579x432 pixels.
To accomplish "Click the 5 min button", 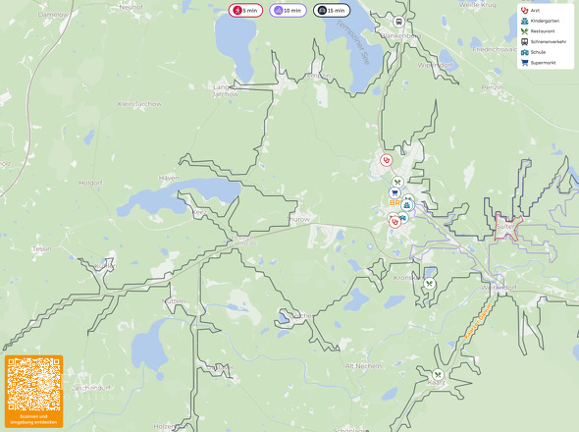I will [245, 10].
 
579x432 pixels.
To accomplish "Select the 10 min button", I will [288, 10].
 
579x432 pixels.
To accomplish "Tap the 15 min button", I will [331, 10].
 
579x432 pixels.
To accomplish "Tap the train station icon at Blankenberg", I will [399, 22].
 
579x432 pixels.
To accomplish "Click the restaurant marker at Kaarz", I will [438, 374].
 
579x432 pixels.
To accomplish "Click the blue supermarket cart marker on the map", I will [395, 193].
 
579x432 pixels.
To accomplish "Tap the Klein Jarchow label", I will [138, 103].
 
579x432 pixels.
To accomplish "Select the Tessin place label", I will [41, 248].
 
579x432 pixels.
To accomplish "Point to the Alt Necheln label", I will [363, 364].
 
